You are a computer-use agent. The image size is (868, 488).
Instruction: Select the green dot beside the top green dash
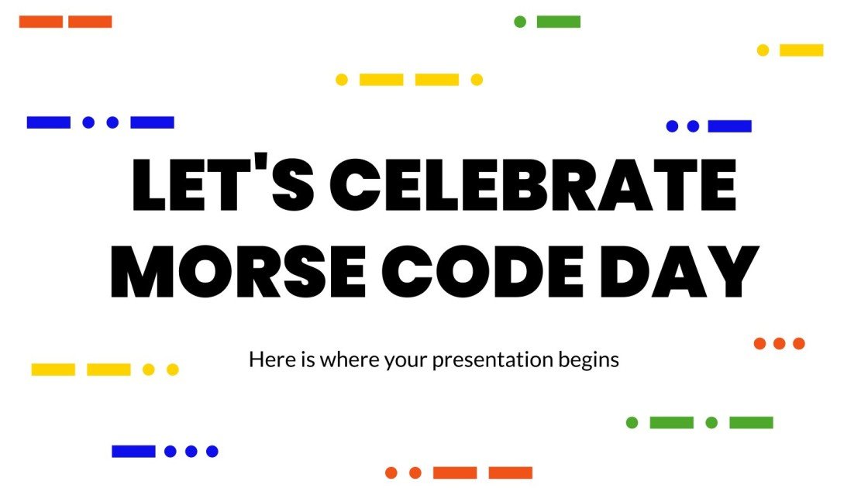tap(520, 22)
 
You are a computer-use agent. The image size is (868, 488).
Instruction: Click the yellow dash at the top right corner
tap(801, 50)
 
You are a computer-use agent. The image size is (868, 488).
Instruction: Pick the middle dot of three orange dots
tap(780, 343)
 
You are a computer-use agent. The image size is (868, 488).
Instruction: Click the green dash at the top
tap(559, 22)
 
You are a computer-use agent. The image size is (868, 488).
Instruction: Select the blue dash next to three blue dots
tap(133, 451)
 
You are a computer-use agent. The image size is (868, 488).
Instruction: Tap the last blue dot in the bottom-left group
tap(212, 451)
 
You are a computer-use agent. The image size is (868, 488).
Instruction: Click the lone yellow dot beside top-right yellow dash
tap(763, 50)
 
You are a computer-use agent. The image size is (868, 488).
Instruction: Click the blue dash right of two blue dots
tap(729, 126)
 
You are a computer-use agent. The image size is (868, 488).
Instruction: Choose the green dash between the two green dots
tap(671, 422)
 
